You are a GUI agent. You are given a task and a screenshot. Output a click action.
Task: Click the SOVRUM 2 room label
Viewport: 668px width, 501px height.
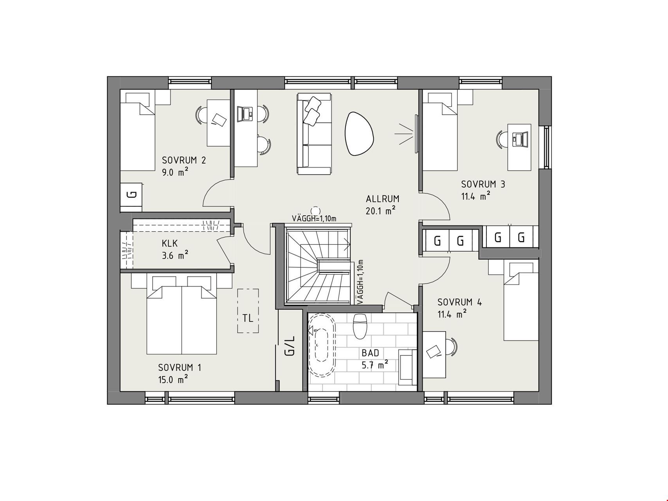184,160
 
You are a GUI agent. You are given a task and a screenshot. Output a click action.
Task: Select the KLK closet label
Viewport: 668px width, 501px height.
169,243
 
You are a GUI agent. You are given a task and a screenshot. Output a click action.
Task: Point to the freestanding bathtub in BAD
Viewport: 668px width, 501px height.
322,346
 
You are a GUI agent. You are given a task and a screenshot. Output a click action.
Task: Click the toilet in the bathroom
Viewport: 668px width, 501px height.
359,326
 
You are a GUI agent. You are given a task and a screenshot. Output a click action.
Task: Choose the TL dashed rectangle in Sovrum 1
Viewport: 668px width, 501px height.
248,311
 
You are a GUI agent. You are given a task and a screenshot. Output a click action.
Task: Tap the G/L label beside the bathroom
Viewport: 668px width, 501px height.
290,346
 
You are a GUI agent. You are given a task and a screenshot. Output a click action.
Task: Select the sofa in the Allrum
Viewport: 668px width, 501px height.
314,133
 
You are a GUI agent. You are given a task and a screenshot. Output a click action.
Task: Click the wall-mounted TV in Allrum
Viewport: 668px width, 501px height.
416,133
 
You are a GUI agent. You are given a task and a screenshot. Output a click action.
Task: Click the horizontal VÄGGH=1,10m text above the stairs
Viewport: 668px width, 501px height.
314,218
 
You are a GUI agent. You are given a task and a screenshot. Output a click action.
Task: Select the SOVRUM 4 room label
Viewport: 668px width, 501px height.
459,302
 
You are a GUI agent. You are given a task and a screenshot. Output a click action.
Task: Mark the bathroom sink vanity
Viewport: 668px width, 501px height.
408,367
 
